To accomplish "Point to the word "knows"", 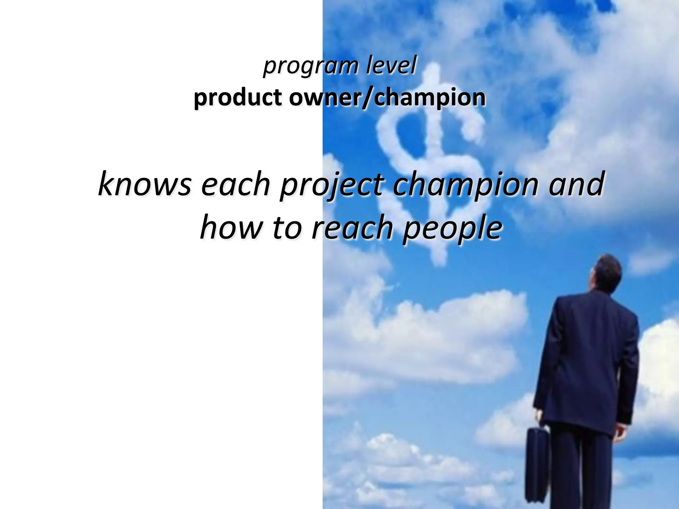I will [145, 184].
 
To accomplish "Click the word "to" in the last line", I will [287, 228].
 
